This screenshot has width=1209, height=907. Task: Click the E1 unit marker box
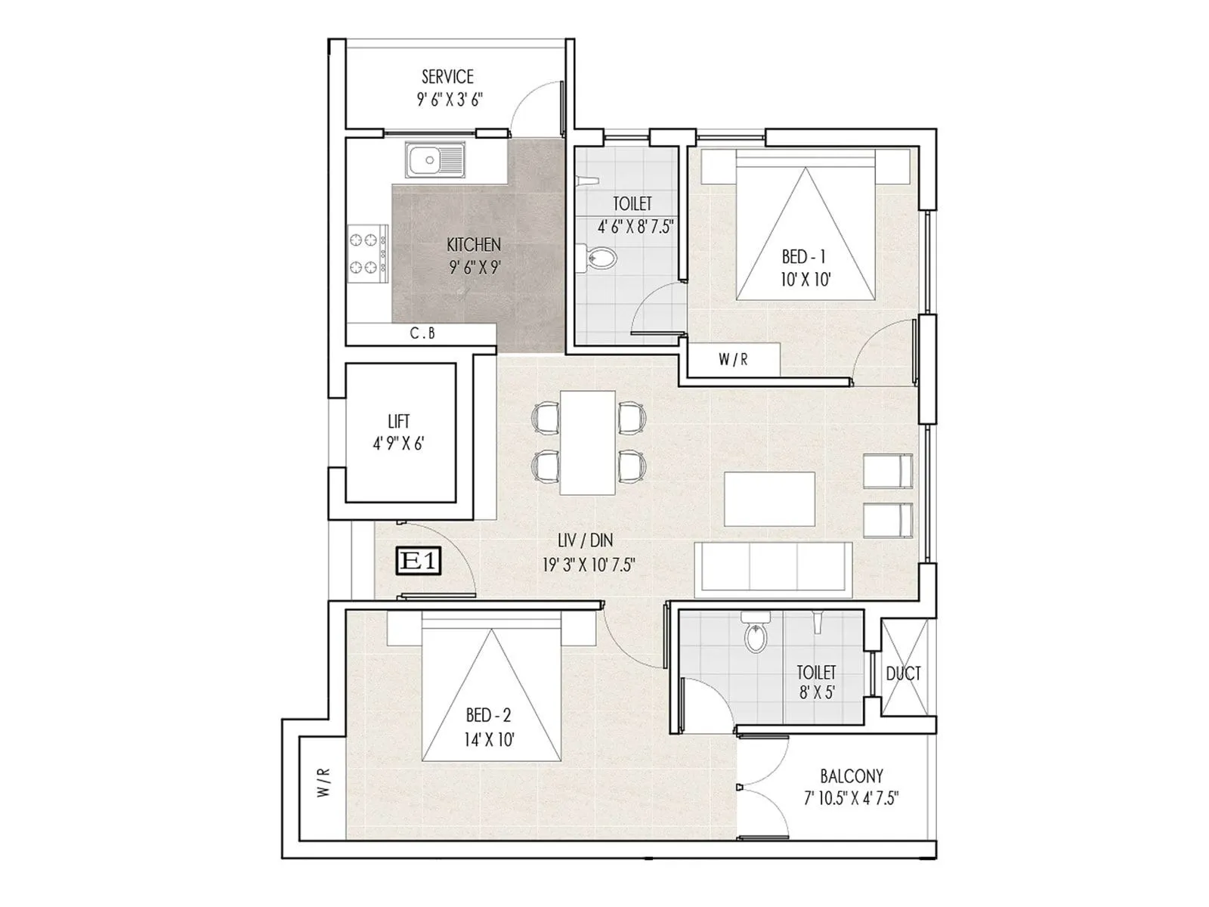point(419,562)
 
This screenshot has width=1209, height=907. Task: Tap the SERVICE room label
point(447,77)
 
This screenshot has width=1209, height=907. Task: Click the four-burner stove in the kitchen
point(367,253)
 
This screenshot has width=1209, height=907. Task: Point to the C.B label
point(422,333)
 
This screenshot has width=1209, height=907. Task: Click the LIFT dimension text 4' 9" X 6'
point(398,444)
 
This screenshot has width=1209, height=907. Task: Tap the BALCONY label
point(852,776)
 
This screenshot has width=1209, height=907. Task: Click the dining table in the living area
point(587,443)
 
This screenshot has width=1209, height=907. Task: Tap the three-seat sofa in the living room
point(774,567)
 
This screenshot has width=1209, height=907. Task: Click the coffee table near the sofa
point(769,498)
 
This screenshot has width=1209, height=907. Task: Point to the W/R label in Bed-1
point(733,360)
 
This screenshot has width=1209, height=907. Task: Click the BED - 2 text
point(489,715)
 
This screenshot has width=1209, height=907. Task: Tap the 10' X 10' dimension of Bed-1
point(806,280)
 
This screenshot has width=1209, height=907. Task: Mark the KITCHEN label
point(474,245)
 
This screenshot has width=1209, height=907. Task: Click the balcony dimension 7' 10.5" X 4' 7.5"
point(852,799)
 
